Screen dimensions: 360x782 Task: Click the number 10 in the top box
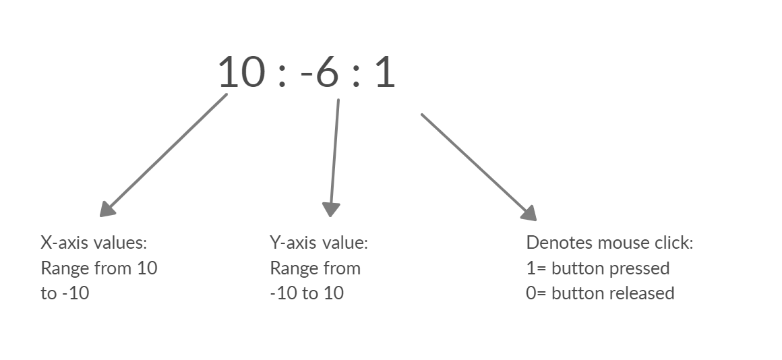pyautogui.click(x=239, y=72)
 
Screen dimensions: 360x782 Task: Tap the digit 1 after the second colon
pyautogui.click(x=385, y=72)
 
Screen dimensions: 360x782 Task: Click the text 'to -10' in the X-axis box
pyautogui.click(x=65, y=293)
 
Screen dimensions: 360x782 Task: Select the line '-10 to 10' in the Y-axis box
pyautogui.click(x=307, y=293)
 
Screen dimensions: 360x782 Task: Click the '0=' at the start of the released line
pyautogui.click(x=537, y=293)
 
